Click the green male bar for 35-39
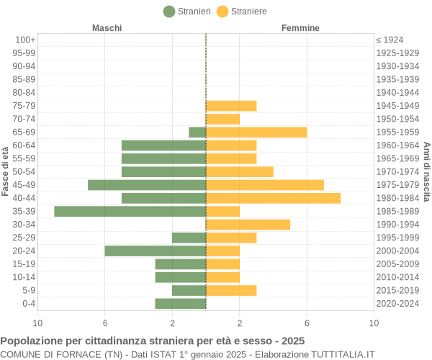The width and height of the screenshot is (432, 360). pos(130,211)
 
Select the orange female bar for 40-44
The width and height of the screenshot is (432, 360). pos(273,198)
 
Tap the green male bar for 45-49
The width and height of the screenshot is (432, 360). pos(147,185)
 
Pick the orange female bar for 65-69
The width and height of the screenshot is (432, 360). pos(256,132)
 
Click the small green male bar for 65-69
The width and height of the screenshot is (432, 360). pos(197,132)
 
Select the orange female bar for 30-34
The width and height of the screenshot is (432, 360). pos(248,225)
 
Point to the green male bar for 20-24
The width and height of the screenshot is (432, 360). pos(155,251)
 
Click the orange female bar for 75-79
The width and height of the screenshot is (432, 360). pos(231,106)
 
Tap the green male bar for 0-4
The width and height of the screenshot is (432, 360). pos(180,303)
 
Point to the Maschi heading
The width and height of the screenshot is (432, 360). pos(107,28)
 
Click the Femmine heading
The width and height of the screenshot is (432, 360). pos(300,28)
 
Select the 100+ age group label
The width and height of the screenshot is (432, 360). pos(25,40)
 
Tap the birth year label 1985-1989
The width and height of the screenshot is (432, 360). pos(397,211)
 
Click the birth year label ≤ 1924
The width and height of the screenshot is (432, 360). pos(390,40)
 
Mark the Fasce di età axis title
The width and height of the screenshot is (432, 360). pos(6,171)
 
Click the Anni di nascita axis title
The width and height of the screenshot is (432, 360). pos(426,171)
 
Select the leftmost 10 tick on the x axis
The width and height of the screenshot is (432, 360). pos(37,323)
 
